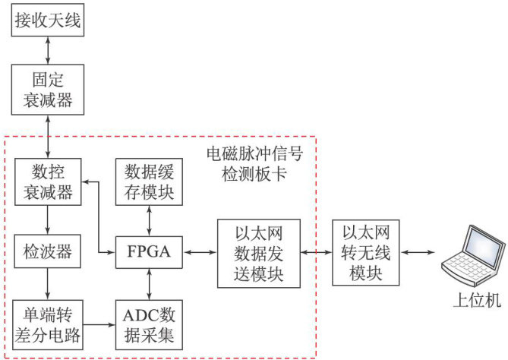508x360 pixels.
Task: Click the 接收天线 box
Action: (48, 20)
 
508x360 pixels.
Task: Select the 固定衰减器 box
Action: (48, 90)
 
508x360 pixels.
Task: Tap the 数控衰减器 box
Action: (48, 182)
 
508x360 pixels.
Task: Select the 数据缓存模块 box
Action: (148, 182)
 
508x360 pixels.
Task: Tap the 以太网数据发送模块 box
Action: (259, 252)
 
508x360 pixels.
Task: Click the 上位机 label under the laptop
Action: (472, 301)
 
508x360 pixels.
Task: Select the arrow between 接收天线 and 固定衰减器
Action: (48, 51)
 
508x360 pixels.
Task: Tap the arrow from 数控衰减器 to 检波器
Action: (48, 218)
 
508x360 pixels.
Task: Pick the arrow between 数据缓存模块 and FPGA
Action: (148, 218)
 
